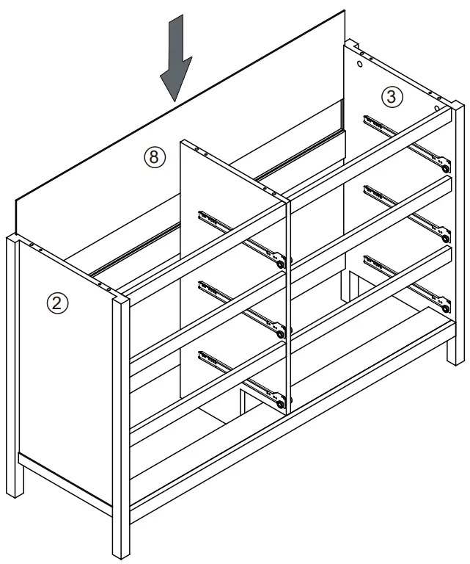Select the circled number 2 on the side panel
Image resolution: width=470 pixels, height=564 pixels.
pyautogui.click(x=56, y=303)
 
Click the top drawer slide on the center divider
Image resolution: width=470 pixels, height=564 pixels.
pyautogui.click(x=241, y=239)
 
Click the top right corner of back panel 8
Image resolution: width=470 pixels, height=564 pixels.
pyautogui.click(x=345, y=10)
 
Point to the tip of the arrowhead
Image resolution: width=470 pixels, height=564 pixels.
pyautogui.click(x=174, y=100)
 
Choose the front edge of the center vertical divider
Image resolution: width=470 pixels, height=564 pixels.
pyautogui.click(x=289, y=294)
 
